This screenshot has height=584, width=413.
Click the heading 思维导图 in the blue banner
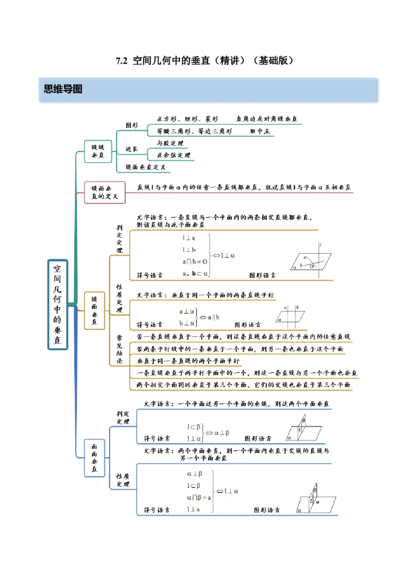point(63,89)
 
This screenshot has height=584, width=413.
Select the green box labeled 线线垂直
point(98,150)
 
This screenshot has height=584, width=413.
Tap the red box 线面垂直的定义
point(105,192)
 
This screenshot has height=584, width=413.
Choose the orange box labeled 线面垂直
point(94,310)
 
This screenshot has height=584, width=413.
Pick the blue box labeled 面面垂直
point(94,458)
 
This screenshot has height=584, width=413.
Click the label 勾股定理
point(169,143)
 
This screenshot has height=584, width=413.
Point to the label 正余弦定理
point(173,155)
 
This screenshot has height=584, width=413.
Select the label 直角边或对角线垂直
point(267,119)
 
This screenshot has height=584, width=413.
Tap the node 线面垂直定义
point(146,167)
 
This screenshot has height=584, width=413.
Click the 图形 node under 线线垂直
point(132,125)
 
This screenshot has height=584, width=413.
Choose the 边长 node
point(132,149)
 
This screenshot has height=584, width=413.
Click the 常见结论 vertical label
point(119,349)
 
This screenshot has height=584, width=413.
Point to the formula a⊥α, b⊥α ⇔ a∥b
point(199,317)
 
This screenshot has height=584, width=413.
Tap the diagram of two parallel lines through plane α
point(289,315)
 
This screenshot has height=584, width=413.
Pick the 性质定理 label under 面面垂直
point(123,480)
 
